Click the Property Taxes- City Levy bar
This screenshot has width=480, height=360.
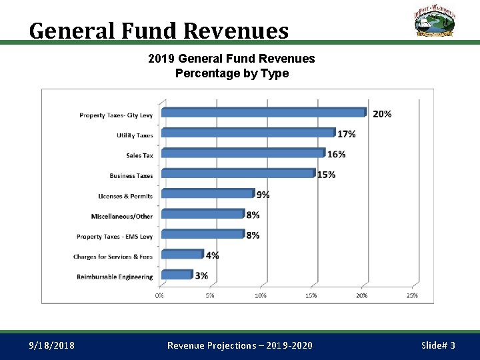tap(263, 113)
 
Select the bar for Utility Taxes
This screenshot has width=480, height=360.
tap(247, 133)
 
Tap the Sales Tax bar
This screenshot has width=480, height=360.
tap(243, 153)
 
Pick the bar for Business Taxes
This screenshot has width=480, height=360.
tap(237, 173)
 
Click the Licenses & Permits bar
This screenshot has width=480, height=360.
tap(207, 193)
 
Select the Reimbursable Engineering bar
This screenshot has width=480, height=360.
tap(177, 275)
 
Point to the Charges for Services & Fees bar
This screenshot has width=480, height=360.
tap(182, 254)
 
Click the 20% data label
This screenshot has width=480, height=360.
tap(382, 114)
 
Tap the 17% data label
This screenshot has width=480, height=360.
tap(347, 134)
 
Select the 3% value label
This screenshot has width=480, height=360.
tap(201, 276)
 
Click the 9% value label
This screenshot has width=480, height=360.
tap(263, 195)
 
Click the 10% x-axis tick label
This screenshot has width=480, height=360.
tap(261, 295)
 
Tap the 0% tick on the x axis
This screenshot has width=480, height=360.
tap(160, 295)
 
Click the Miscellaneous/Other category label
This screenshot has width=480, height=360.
tap(122, 216)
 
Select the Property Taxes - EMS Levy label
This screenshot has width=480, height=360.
tap(115, 237)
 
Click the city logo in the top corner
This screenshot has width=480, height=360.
tap(433, 21)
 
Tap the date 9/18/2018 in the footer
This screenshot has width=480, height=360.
tap(52, 345)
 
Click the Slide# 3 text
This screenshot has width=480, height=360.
tap(438, 345)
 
